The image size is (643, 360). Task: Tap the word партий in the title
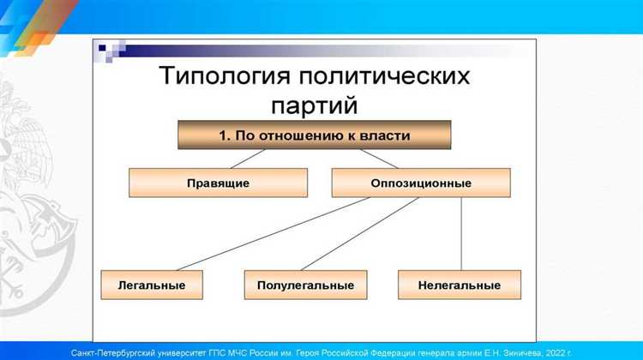[315, 105]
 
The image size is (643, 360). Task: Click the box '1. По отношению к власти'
[315, 135]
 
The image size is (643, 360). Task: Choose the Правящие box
[218, 183]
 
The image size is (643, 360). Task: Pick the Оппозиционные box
[420, 183]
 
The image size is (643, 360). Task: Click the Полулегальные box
[305, 284]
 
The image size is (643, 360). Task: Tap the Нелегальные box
[459, 284]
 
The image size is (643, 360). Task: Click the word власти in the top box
[385, 135]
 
